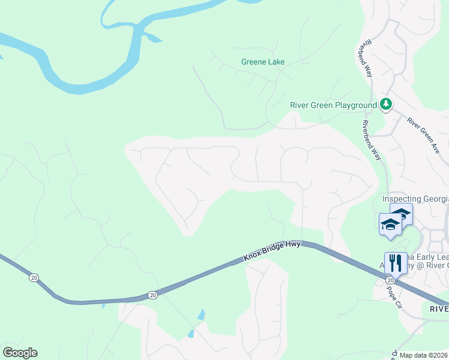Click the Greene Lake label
tap(262, 62)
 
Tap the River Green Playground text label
tap(333, 105)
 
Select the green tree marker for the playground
tap(386, 105)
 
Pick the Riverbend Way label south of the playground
tap(371, 139)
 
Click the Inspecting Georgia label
tap(415, 199)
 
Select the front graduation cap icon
tap(390, 226)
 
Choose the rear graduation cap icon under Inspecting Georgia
tap(402, 214)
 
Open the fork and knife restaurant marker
tap(396, 262)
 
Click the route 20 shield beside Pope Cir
tap(390, 280)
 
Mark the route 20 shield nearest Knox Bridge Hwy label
tap(153, 295)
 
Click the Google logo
tap(20, 353)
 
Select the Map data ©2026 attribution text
tap(423, 355)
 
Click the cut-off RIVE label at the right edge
tap(439, 308)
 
